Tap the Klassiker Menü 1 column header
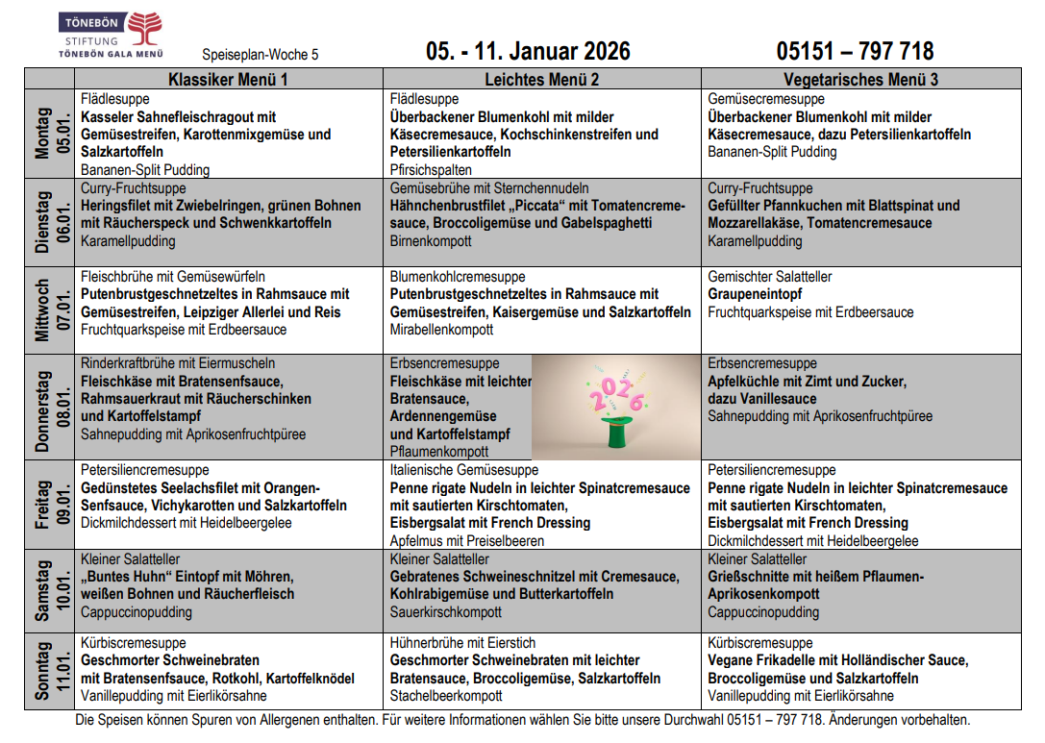click(228, 80)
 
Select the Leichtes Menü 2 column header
click(542, 80)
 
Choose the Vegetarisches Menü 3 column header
click(860, 80)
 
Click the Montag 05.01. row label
click(49, 136)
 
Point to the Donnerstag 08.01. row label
click(49, 408)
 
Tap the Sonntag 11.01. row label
click(49, 671)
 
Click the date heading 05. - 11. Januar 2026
click(528, 51)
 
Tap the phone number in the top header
click(855, 51)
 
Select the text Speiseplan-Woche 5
click(261, 55)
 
